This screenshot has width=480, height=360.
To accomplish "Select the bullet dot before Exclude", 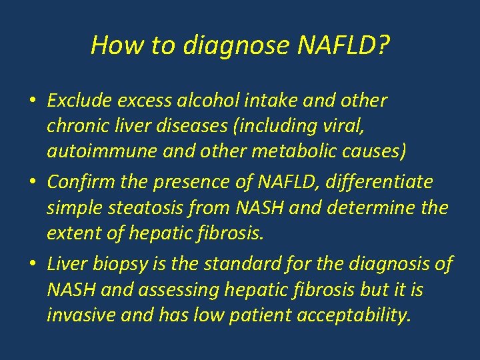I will click(x=32, y=102).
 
